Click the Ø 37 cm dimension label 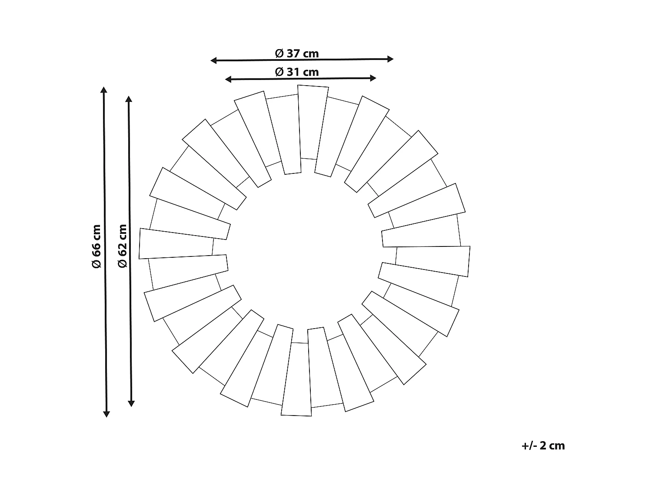(297, 53)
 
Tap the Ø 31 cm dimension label (297, 72)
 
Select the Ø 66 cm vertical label (96, 246)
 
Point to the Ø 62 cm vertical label (123, 246)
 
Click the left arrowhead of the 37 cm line (213, 60)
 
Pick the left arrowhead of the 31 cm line (228, 79)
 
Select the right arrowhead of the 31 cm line (373, 78)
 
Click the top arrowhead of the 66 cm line (103, 90)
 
